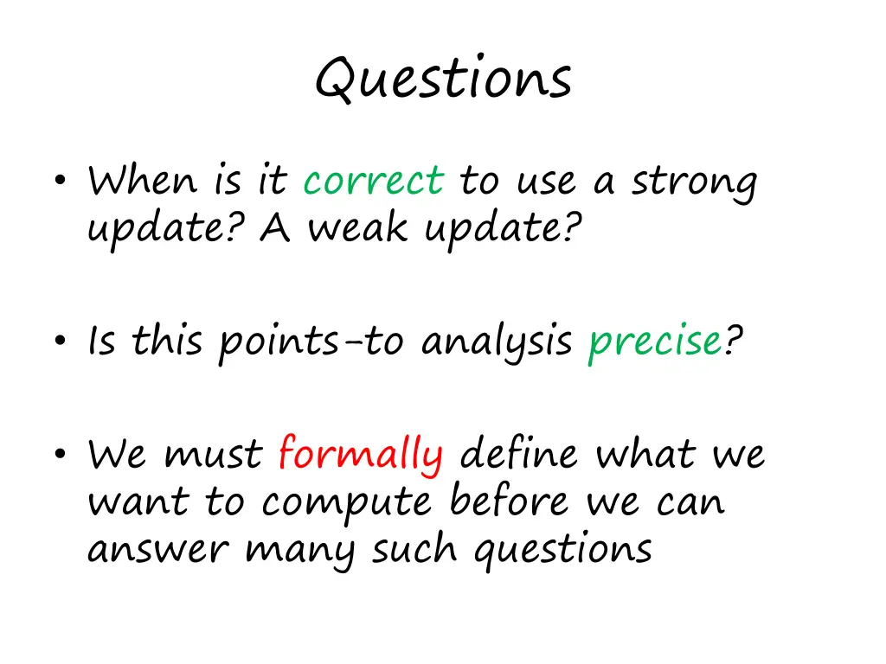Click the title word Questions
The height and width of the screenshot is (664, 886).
[x=444, y=78]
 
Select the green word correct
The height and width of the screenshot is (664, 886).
[x=374, y=180]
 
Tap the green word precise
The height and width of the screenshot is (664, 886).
[x=656, y=342]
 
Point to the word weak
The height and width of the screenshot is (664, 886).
[x=357, y=227]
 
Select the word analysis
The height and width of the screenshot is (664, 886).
[x=497, y=342]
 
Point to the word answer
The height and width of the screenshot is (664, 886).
[x=158, y=549]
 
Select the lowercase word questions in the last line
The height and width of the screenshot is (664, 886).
[x=562, y=551]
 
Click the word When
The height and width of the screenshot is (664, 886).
[x=143, y=180]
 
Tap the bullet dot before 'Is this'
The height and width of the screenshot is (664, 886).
[x=61, y=340]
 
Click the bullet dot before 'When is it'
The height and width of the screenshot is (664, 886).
[x=61, y=180]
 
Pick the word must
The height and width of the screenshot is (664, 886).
[x=213, y=455]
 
